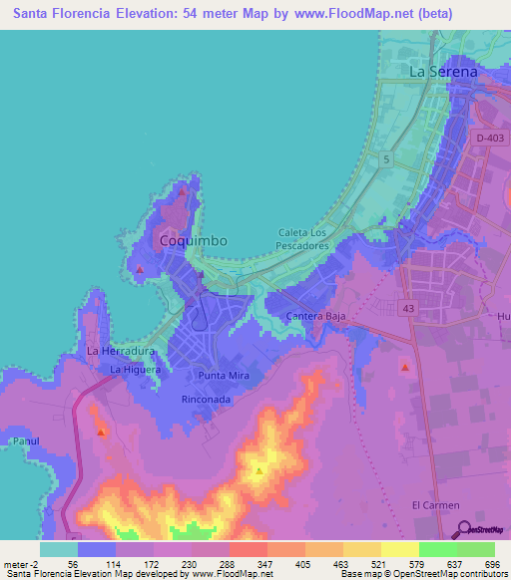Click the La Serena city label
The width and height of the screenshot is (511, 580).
point(444,73)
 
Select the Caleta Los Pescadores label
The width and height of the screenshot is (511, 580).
point(302,238)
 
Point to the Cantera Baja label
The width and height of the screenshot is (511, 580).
point(314,317)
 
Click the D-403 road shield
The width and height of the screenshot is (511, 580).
point(490,139)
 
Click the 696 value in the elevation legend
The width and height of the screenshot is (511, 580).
point(494,564)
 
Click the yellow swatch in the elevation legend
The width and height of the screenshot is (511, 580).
point(361,549)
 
